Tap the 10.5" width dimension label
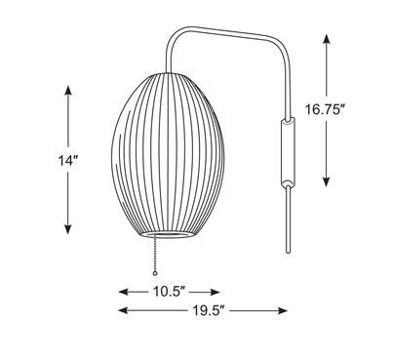170,292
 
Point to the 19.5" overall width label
203,311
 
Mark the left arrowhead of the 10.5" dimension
124,292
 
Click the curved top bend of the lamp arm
177,36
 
